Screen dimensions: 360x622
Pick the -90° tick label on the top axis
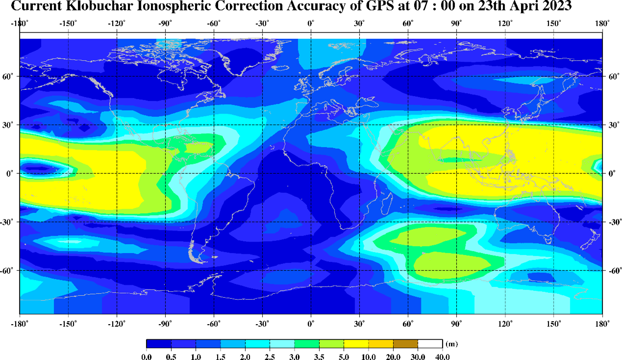tap(165, 23)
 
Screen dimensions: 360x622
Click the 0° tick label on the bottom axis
tap(311, 323)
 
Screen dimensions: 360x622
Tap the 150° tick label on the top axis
tap(554, 23)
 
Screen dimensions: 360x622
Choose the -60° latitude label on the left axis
tap(9, 270)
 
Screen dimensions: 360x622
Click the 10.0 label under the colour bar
tap(369, 356)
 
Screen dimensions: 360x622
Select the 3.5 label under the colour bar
tap(319, 356)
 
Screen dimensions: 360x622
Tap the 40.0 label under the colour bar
tap(443, 356)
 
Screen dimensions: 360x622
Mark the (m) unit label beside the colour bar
tap(451, 343)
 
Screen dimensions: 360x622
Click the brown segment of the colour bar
tap(405, 343)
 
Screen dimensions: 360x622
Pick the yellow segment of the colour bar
tap(356, 343)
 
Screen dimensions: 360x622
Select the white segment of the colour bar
tap(430, 343)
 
